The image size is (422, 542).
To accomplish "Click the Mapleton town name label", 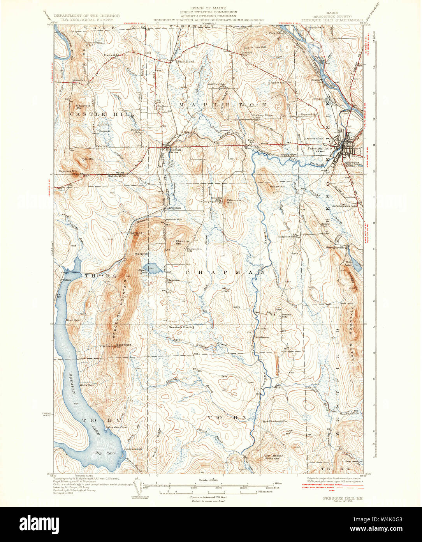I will tap(171, 150).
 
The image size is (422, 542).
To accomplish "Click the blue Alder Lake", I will tap(149, 268).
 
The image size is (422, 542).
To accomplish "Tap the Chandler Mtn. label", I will tap(183, 242).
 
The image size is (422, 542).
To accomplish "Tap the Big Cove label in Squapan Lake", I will tap(102, 453).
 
